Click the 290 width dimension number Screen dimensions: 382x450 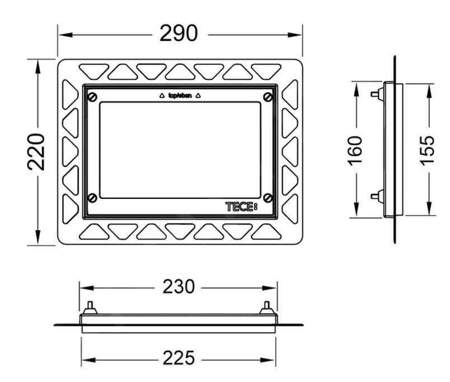[x=179, y=34]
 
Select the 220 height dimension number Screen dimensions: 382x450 [x=37, y=152]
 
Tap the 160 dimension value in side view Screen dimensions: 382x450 [x=355, y=149]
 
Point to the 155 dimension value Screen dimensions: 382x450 [x=428, y=149]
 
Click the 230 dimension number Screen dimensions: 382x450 [x=179, y=287]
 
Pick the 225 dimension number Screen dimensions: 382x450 [x=179, y=358]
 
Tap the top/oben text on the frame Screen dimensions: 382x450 [x=180, y=95]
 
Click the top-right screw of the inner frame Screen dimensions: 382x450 [x=268, y=97]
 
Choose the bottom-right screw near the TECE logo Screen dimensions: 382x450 [x=268, y=197]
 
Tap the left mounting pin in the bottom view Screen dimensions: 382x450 [x=89, y=308]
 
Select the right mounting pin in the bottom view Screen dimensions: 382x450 [x=267, y=308]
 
